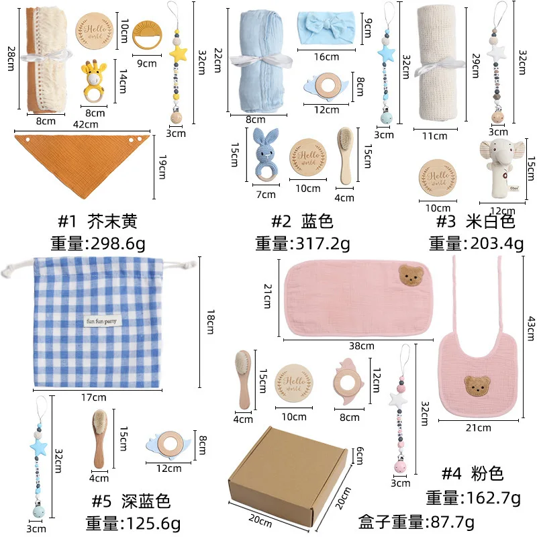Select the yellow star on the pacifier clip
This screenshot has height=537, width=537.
179,52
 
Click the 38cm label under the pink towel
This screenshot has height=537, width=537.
361,346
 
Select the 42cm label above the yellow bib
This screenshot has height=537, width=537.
85,124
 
